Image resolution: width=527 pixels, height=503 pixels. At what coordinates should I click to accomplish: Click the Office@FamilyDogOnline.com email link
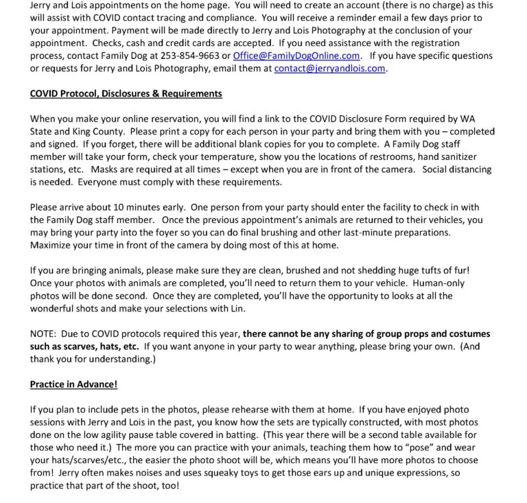tap(296, 56)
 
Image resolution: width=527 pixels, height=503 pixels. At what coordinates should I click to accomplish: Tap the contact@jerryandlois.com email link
tap(329, 69)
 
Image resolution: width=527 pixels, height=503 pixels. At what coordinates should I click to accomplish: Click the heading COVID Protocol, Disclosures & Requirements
tap(126, 93)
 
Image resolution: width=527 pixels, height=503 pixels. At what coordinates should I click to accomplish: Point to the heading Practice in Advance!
tap(73, 385)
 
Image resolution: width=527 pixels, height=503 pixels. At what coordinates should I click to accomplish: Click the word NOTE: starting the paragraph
tap(44, 334)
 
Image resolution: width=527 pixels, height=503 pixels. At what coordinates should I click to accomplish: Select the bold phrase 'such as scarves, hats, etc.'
tap(85, 347)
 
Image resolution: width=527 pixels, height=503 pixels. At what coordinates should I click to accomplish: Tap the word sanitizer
tap(474, 156)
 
